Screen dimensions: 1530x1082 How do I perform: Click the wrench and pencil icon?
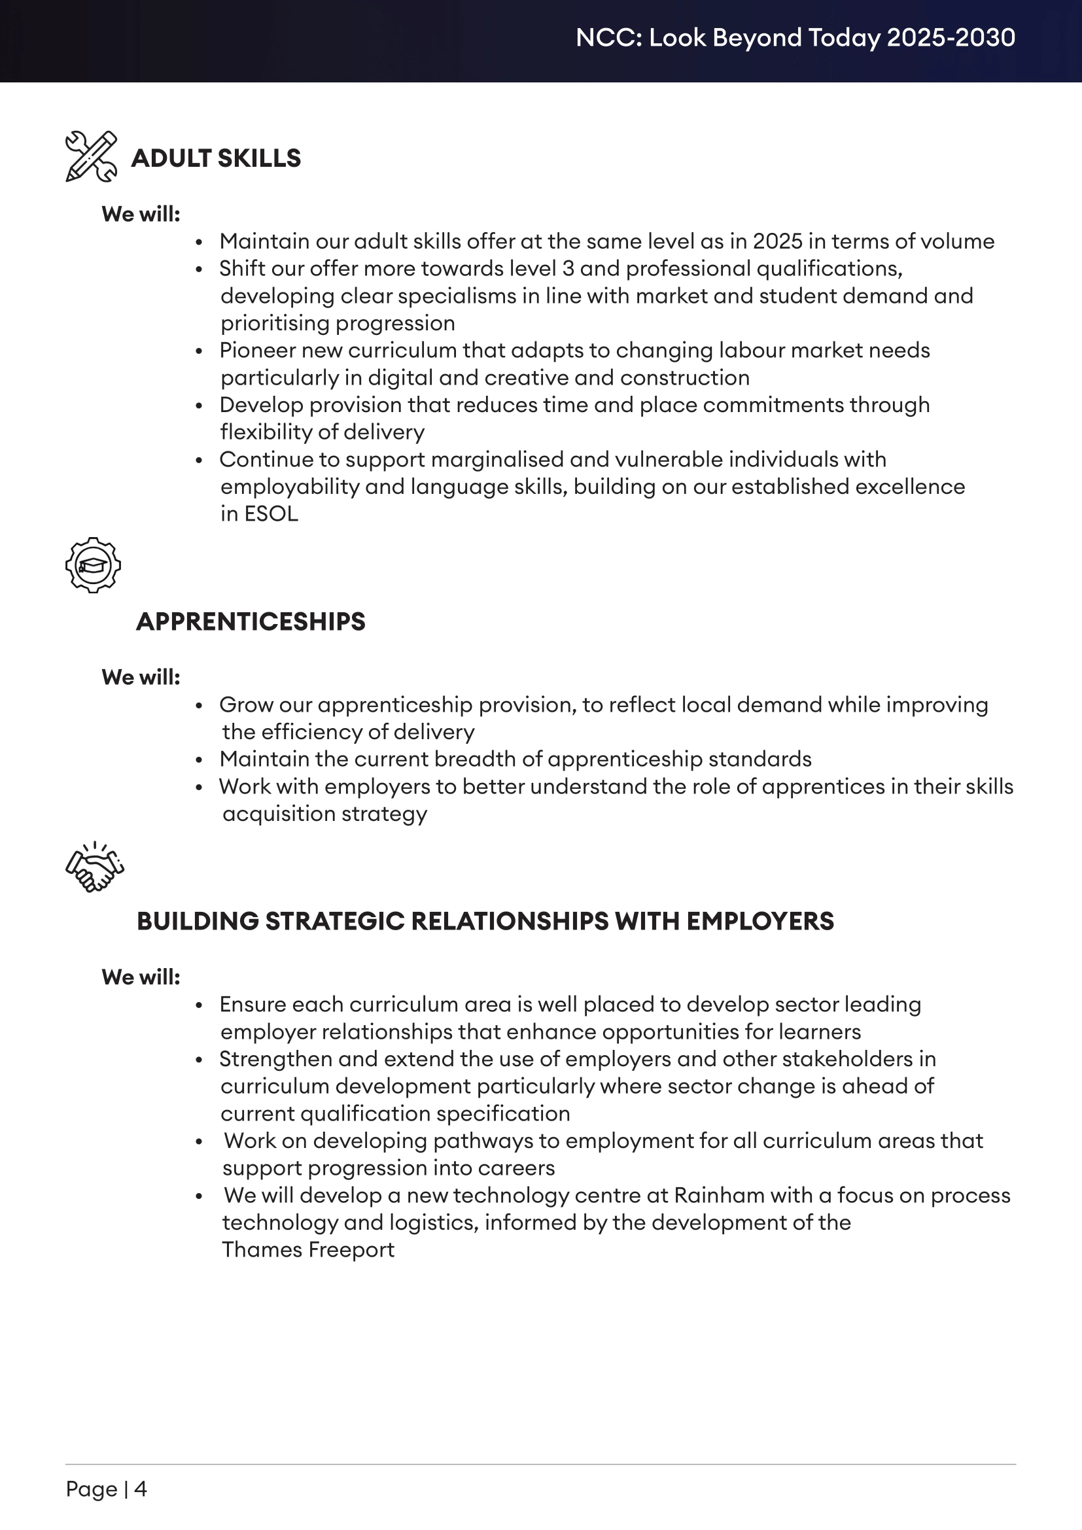[92, 156]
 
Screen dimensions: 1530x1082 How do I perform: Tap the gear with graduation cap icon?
[94, 565]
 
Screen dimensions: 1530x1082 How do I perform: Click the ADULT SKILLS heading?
[216, 158]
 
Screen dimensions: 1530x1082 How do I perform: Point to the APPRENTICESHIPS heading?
[251, 621]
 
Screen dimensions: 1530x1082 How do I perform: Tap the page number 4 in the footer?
[141, 1489]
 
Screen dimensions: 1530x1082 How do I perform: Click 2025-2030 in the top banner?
[951, 38]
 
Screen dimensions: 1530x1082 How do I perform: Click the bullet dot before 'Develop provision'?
[199, 406]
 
